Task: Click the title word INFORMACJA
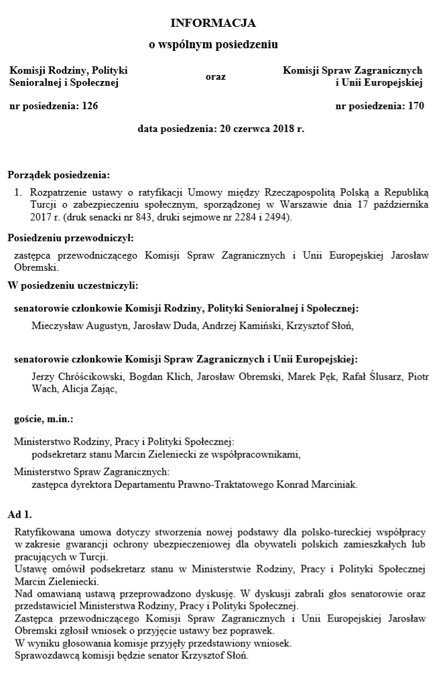tap(213, 23)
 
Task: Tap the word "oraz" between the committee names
tap(215, 76)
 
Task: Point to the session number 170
tap(416, 105)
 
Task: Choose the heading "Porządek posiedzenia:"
tap(58, 176)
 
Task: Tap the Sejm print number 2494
tap(275, 217)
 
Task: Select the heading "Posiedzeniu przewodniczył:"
tap(70, 237)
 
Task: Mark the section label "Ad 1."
tap(19, 515)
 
